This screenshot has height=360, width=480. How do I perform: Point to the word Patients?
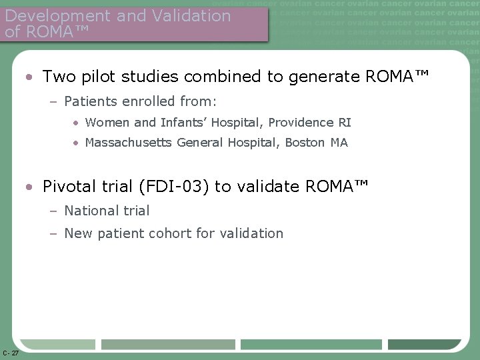point(91,103)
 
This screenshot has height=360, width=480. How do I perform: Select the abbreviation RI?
point(345,123)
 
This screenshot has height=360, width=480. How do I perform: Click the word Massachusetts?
point(129,143)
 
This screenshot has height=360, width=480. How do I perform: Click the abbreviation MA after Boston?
point(339,143)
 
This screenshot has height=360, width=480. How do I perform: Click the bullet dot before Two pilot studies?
point(31,77)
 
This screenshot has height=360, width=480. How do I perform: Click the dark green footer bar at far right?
point(424,345)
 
